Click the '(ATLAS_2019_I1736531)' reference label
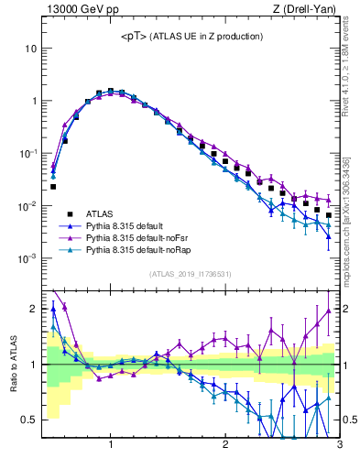pyautogui.click(x=191, y=274)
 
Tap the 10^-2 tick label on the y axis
pyautogui.click(x=27, y=206)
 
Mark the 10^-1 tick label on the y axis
pyautogui.click(x=27, y=153)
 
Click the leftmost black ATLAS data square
pyautogui.click(x=53, y=187)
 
